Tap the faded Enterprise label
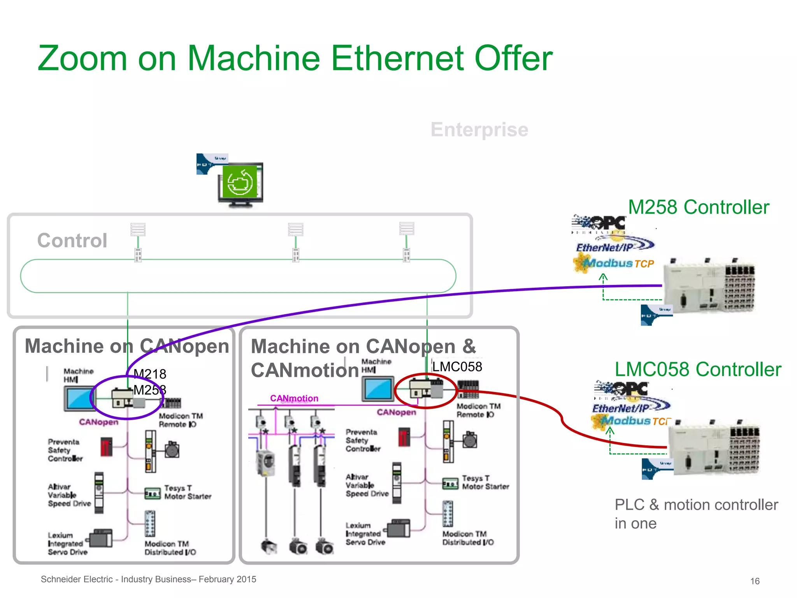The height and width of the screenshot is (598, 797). coord(479,130)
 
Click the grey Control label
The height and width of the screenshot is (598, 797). coord(72,241)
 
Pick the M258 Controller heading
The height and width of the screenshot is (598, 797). coord(699,207)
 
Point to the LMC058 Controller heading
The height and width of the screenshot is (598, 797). coord(698,369)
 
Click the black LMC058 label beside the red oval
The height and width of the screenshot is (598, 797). coord(457,367)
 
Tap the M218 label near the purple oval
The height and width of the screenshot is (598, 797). coord(150,374)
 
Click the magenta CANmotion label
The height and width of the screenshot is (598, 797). coord(294,398)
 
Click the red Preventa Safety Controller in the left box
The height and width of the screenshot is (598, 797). coord(106,447)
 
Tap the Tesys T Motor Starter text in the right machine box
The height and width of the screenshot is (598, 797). coord(485,482)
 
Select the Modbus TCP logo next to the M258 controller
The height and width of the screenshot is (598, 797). coord(615,263)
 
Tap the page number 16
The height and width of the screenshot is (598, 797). coord(755,581)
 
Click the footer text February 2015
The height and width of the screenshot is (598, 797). coord(227,579)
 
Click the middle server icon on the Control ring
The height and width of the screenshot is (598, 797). coord(295,230)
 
